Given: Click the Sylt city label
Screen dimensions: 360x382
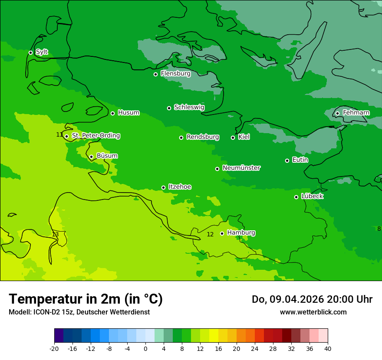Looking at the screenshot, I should [x=42, y=52].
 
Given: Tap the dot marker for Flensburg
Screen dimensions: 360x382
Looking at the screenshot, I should [x=155, y=74].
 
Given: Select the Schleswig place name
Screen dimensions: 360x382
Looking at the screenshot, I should [x=189, y=107].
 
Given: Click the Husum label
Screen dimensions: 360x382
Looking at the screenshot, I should [x=128, y=113].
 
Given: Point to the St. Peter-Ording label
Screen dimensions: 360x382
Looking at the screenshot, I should [x=95, y=136].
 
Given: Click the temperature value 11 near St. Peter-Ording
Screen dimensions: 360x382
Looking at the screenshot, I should [x=59, y=134].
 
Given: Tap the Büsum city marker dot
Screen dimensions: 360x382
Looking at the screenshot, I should [x=91, y=157].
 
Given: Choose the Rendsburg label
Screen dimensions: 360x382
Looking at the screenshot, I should [x=202, y=137].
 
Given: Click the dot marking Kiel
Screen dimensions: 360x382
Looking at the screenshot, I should [x=233, y=137].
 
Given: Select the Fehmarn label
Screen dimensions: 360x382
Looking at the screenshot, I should [x=356, y=113].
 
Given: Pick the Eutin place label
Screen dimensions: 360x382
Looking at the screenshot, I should [x=300, y=160].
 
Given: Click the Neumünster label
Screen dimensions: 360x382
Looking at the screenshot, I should [x=241, y=168].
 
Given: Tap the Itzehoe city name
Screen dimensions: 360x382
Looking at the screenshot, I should [x=179, y=187].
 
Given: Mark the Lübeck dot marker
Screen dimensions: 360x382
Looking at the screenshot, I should [x=296, y=197].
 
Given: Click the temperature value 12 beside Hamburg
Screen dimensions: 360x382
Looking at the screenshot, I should [x=210, y=234].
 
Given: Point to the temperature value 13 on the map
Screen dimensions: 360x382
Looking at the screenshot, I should [x=55, y=234].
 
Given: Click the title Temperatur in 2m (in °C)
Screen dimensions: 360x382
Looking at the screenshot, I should [x=86, y=299].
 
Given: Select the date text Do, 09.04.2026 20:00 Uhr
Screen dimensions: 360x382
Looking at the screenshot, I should [x=312, y=299].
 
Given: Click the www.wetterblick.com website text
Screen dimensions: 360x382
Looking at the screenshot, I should [x=313, y=312].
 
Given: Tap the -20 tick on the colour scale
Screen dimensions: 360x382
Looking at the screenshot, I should [x=54, y=348].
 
